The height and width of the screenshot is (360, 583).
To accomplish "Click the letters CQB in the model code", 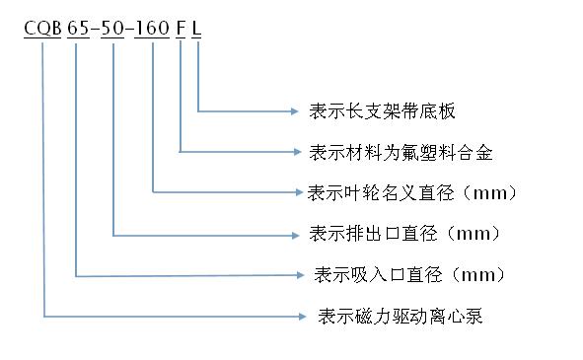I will coord(43,30).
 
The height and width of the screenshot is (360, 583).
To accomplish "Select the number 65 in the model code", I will coord(78,30).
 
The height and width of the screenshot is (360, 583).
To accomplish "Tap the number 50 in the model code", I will coord(113,30).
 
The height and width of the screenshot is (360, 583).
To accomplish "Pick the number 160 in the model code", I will coord(153,30).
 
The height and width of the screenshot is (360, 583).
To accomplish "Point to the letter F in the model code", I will coord(181,30).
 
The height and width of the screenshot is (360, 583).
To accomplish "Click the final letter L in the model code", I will coord(197,30).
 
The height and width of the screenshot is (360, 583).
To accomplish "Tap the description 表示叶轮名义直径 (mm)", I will coord(414,191).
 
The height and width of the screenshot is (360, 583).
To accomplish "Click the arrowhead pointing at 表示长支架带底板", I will coord(295,110).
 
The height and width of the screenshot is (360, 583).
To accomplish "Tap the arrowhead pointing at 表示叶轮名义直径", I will coord(295,191).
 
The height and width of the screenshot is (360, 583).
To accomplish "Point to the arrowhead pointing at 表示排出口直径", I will coord(295,235).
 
